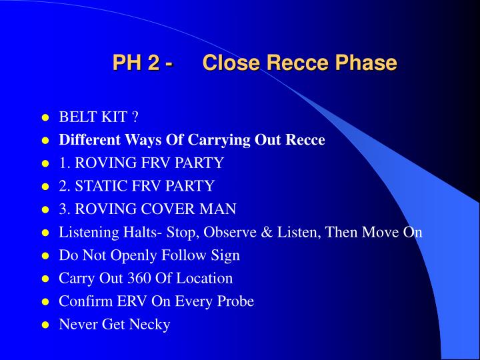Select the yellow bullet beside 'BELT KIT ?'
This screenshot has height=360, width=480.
click(x=45, y=118)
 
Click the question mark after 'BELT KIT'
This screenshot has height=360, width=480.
click(x=135, y=117)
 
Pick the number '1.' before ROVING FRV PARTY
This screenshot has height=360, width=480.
click(x=65, y=163)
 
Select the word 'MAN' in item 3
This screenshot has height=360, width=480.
click(x=221, y=209)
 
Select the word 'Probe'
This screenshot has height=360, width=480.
click(x=235, y=301)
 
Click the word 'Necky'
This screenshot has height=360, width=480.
click(x=151, y=325)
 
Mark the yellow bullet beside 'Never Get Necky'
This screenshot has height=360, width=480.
click(x=45, y=325)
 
